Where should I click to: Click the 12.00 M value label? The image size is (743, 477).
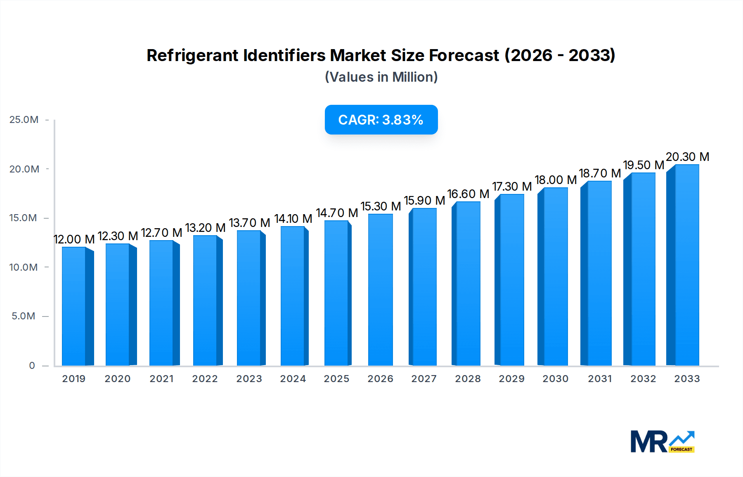[74, 239]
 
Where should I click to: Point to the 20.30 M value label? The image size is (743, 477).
[687, 157]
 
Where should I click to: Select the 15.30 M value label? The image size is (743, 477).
[381, 206]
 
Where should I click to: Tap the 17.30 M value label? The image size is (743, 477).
[512, 187]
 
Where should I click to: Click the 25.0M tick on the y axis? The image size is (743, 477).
[24, 120]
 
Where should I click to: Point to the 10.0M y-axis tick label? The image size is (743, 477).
[24, 267]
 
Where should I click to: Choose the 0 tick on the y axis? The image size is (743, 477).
[32, 366]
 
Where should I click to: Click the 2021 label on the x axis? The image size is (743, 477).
[161, 379]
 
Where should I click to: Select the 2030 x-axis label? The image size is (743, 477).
[555, 379]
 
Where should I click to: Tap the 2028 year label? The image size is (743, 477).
[468, 379]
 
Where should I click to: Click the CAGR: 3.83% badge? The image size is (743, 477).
[381, 120]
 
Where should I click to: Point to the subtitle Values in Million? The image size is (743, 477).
[381, 77]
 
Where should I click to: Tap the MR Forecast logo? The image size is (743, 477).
[662, 442]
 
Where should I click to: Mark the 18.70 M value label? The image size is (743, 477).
[600, 173]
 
